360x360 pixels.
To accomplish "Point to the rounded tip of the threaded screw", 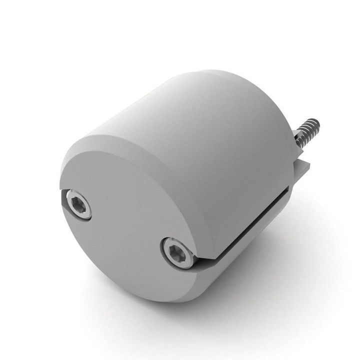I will click(315, 122).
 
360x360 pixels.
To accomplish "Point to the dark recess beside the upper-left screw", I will click(63, 200).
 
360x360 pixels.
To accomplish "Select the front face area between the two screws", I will click(130, 227).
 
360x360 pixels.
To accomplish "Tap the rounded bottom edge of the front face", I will click(150, 295).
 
